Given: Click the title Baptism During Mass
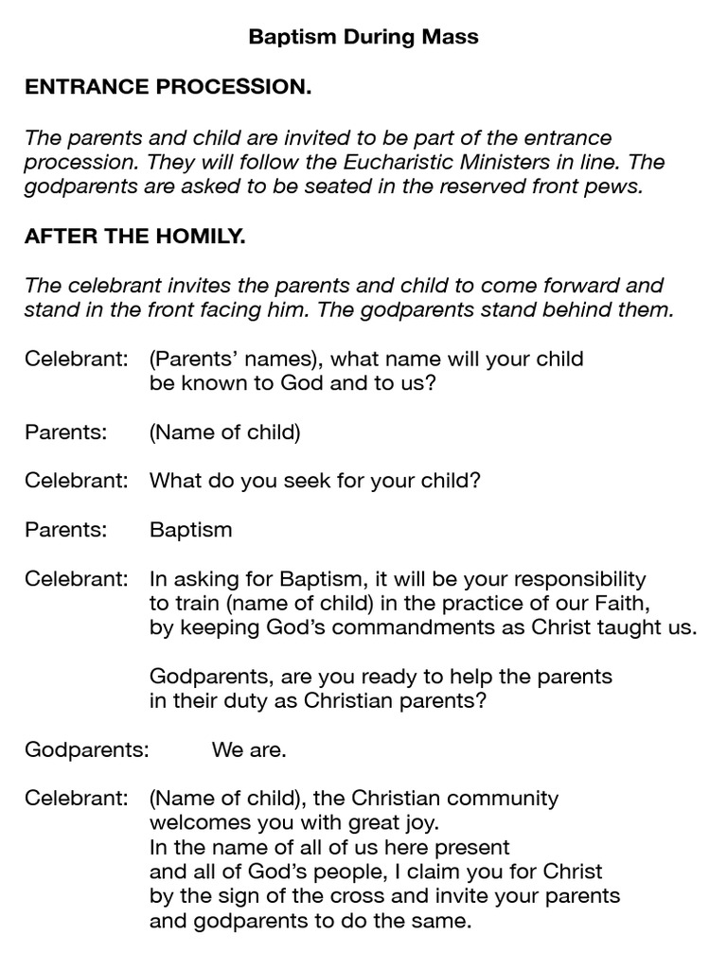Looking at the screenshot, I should tap(363, 38).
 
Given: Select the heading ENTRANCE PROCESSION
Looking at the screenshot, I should tap(168, 88).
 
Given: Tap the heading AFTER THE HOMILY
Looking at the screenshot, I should tap(135, 236).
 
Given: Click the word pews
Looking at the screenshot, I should tap(617, 186).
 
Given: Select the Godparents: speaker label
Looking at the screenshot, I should tap(87, 750).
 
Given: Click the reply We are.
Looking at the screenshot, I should tap(249, 750).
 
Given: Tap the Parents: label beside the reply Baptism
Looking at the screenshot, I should tap(64, 529).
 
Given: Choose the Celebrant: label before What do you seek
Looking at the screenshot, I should tap(76, 480).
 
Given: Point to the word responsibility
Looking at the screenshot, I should tap(569, 578).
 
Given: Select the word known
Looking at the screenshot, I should tap(209, 383).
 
